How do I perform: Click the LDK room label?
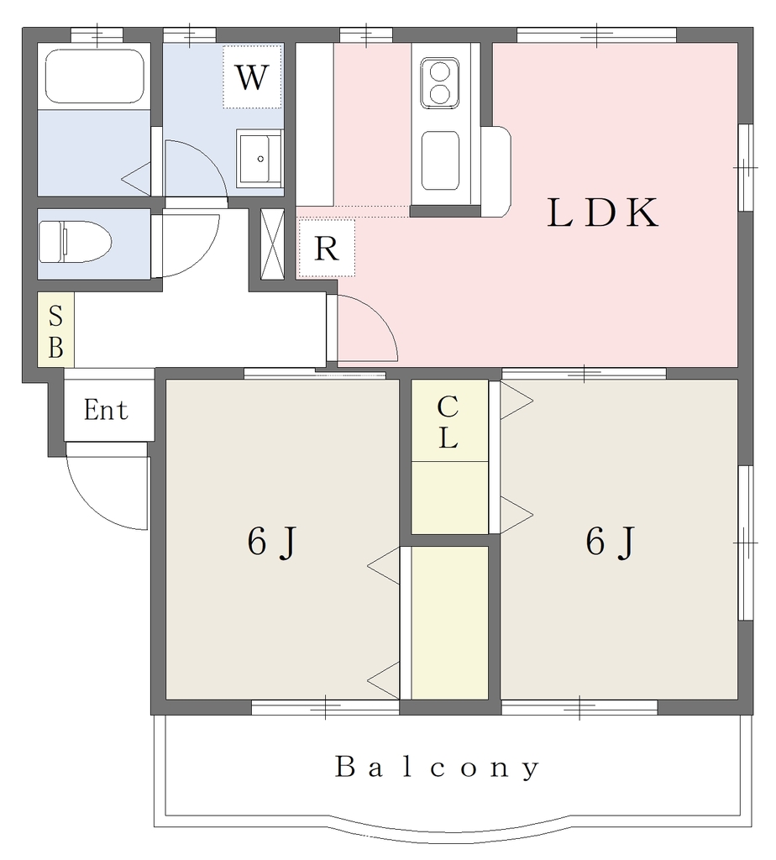[603, 212]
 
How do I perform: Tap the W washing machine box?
[252, 76]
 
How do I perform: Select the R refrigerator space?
[327, 248]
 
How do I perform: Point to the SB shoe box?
[55, 329]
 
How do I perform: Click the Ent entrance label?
[106, 410]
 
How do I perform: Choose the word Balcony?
[437, 768]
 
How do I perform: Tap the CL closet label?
[448, 422]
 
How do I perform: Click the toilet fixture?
[75, 242]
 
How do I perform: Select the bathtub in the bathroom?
[94, 76]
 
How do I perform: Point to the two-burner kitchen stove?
[440, 83]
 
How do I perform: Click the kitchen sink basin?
[440, 160]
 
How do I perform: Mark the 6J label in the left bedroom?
[271, 542]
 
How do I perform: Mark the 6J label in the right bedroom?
[610, 542]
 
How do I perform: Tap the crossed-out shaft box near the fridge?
[272, 244]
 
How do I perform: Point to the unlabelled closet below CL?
[449, 623]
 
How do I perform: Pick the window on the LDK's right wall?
[745, 167]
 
